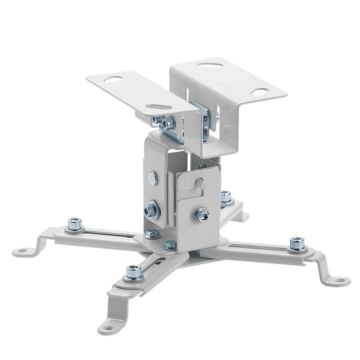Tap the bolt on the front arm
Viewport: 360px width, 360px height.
tap(133, 272)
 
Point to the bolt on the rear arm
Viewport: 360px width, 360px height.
tap(226, 197)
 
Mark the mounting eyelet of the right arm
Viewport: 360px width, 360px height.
tap(340, 280)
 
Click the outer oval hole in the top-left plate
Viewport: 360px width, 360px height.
tap(113, 79)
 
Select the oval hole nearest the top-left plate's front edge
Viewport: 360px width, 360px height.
tap(159, 107)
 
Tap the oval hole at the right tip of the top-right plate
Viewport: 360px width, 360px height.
tap(259, 92)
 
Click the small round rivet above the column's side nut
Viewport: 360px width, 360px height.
tap(153, 178)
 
